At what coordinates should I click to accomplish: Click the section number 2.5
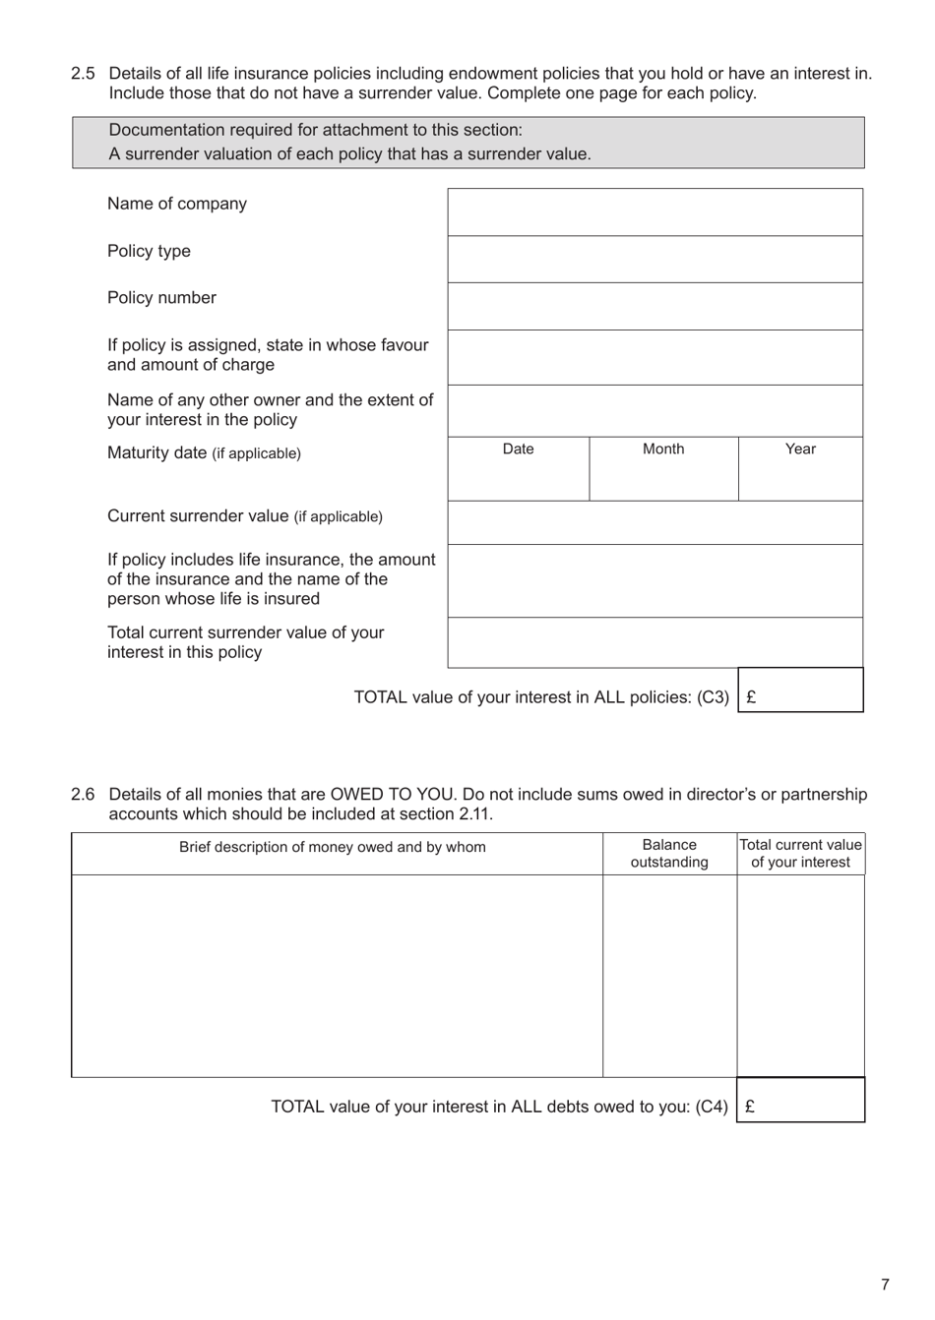[x=83, y=74]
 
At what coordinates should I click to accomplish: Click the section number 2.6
[x=83, y=795]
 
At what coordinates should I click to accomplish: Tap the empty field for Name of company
[x=654, y=212]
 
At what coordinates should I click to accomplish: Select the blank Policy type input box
[x=654, y=260]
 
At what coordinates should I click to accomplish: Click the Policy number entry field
[x=654, y=307]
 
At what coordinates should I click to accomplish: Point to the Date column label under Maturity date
[x=518, y=450]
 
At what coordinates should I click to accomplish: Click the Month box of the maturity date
[x=663, y=477]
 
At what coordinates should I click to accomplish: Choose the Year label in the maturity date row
[x=800, y=450]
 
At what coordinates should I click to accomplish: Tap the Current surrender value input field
[x=654, y=523]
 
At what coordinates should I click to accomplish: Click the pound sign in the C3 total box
[x=751, y=697]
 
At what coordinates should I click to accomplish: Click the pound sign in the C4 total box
[x=750, y=1107]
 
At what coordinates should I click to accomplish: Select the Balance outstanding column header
[x=669, y=854]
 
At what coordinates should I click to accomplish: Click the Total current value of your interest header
[x=800, y=854]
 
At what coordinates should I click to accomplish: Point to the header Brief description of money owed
[x=332, y=847]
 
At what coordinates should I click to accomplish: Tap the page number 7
[x=885, y=1285]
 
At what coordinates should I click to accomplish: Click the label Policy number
[x=161, y=298]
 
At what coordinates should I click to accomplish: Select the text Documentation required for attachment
[x=315, y=130]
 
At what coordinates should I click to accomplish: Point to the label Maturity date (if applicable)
[x=204, y=453]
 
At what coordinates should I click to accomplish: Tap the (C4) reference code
[x=712, y=1107]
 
